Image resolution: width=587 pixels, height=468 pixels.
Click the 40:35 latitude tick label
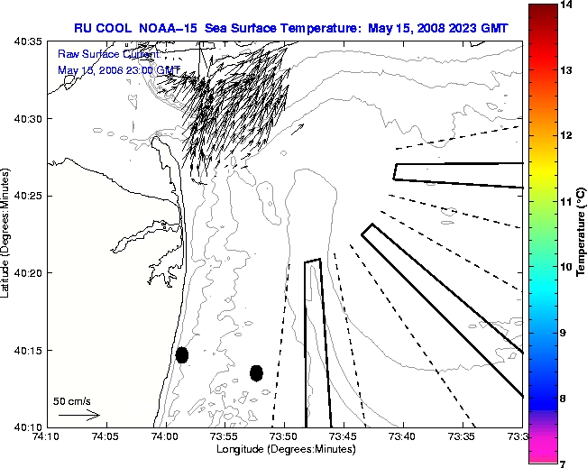pyautogui.click(x=30, y=42)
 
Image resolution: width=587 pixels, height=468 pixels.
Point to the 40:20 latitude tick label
pyautogui.click(x=30, y=272)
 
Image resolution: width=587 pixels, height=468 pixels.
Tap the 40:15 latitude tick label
pyautogui.click(x=30, y=350)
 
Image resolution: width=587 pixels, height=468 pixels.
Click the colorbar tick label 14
pyautogui.click(x=567, y=5)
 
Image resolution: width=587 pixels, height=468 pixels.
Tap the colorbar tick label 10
pyautogui.click(x=567, y=267)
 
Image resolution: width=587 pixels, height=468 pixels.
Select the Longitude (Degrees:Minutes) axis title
pyautogui.click(x=284, y=449)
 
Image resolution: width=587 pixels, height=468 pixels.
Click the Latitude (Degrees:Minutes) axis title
pyautogui.click(x=7, y=234)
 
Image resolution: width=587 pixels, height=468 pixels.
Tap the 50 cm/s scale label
pyautogui.click(x=72, y=400)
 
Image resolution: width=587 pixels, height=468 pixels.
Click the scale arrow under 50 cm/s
pyautogui.click(x=78, y=415)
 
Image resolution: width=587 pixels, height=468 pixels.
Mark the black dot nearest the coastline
pyautogui.click(x=182, y=354)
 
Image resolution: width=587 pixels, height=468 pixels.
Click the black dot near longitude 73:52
pyautogui.click(x=256, y=372)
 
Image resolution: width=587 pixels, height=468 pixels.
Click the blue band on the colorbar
pyautogui.click(x=542, y=398)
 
